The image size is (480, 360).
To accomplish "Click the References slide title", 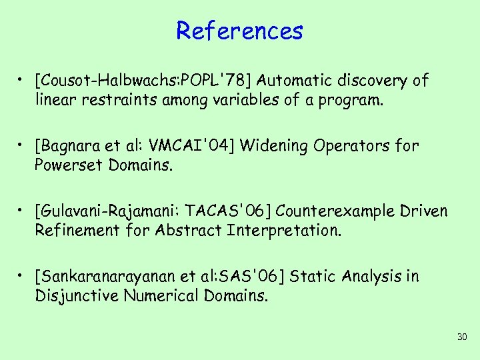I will (239, 31).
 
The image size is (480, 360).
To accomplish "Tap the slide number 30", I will (462, 338).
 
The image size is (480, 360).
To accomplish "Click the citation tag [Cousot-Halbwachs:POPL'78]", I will (144, 81).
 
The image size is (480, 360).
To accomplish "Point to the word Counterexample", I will (337, 211).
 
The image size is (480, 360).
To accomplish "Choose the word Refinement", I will (75, 230).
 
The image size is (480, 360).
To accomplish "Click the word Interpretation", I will (283, 230).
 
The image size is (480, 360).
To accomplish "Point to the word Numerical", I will (161, 295).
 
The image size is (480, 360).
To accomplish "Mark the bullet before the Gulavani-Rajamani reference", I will (23, 211).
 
